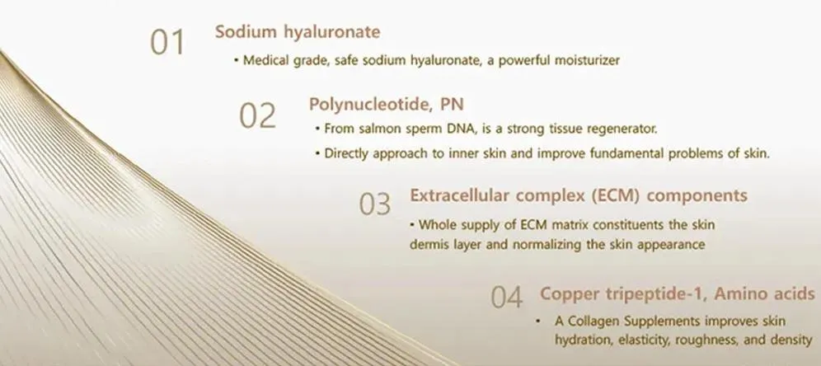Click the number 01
pyautogui.click(x=167, y=42)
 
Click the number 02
pyautogui.click(x=257, y=115)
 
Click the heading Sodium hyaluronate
pyautogui.click(x=298, y=33)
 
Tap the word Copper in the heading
pyautogui.click(x=567, y=293)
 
